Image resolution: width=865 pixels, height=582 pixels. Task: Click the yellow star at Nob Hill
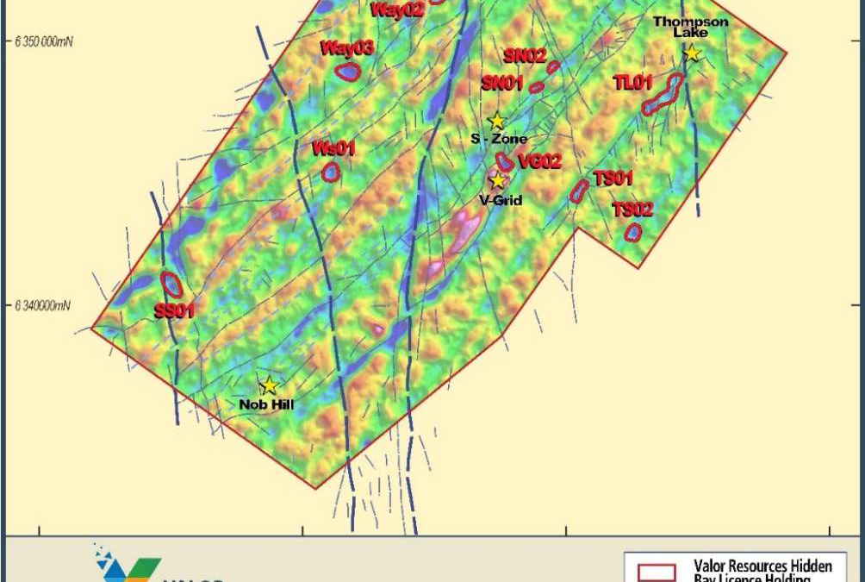point(269,385)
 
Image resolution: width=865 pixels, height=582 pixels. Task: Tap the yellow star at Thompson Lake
point(691,53)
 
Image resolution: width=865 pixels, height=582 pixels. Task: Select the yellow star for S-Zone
point(496,122)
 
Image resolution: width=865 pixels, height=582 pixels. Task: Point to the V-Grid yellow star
point(497,180)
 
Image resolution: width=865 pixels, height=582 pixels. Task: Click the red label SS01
point(173,311)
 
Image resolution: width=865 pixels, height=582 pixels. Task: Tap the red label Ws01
point(333,148)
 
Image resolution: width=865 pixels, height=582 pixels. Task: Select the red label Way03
point(346,48)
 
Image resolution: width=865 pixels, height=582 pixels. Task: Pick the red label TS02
point(632,209)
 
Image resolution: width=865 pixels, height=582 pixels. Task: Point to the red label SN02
point(525,56)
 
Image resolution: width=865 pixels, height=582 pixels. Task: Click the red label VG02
point(540,161)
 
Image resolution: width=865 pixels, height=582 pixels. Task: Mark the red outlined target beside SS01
point(171,284)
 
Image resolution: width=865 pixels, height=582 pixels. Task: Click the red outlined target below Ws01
point(330,172)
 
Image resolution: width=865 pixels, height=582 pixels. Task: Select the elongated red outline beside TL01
point(663,94)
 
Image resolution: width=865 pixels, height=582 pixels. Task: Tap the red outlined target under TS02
point(633,232)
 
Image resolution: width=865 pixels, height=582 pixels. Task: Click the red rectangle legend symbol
point(657,572)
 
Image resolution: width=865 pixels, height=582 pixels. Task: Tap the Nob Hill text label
point(266,403)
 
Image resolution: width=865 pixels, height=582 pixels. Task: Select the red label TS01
point(613,178)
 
